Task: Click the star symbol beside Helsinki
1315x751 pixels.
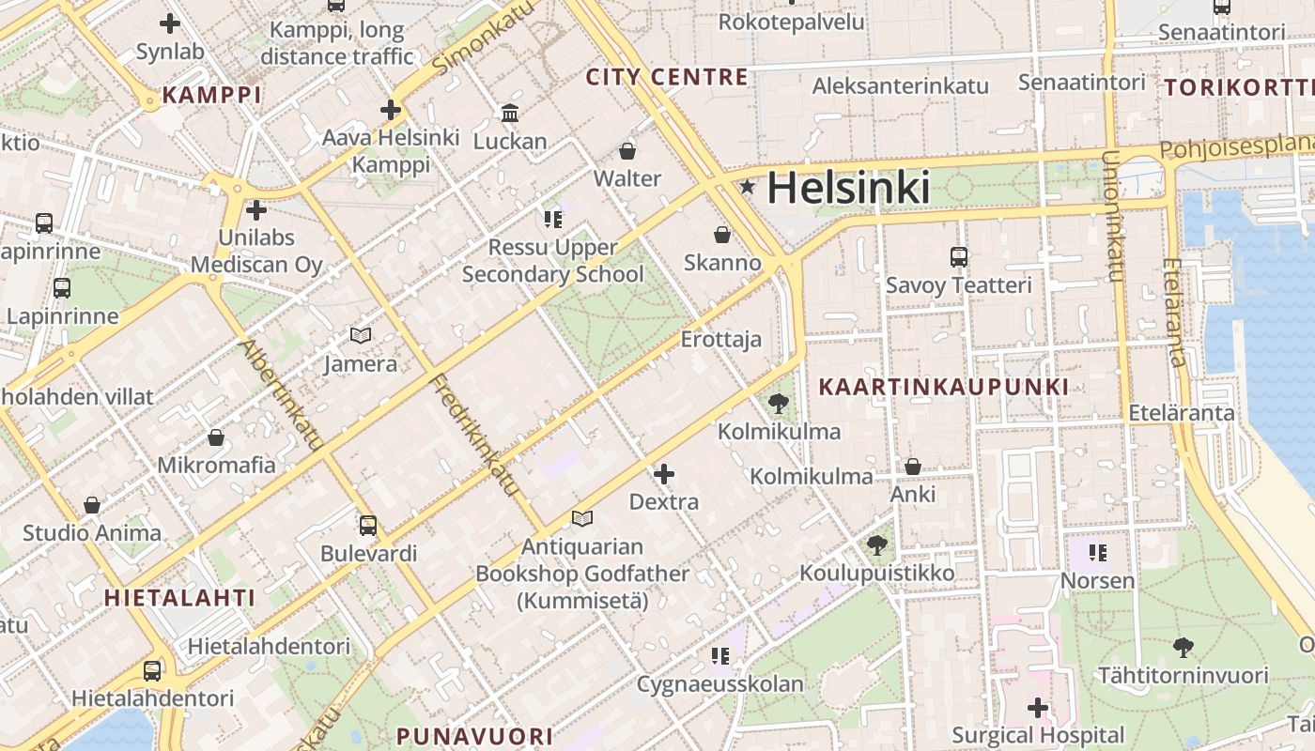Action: click(747, 188)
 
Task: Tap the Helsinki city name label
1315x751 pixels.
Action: click(848, 189)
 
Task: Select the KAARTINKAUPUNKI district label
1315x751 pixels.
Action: click(943, 387)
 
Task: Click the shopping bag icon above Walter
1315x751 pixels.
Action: click(627, 151)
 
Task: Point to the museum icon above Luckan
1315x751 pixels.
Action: click(510, 114)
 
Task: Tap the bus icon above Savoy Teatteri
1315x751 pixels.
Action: click(958, 257)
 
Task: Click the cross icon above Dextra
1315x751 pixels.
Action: click(664, 474)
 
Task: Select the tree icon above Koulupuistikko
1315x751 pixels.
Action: click(877, 544)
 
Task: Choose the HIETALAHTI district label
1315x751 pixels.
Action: click(179, 598)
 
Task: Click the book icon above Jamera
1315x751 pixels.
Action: click(360, 335)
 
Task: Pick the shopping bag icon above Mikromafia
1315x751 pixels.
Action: click(216, 437)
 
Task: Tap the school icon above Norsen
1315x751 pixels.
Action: click(1097, 553)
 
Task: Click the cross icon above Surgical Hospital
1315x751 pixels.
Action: click(1038, 707)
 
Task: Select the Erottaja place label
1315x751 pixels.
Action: click(721, 339)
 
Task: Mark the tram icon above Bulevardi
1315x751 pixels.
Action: click(368, 526)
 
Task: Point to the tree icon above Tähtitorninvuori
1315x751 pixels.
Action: click(1183, 647)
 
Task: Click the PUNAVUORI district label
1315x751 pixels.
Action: click(473, 736)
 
